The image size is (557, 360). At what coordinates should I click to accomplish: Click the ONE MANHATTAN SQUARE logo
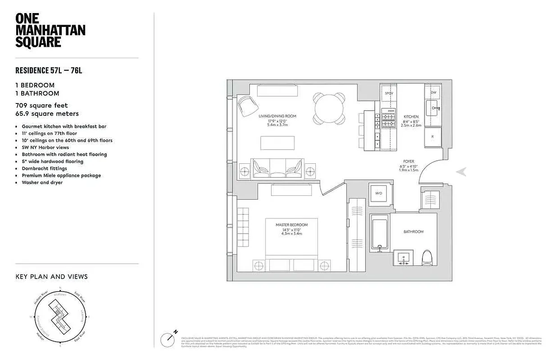50,31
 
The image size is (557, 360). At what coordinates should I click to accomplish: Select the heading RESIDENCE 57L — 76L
50,70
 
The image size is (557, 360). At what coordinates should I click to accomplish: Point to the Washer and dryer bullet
42,183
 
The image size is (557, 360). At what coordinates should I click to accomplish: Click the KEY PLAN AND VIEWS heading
51,277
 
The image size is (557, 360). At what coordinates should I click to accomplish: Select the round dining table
330,108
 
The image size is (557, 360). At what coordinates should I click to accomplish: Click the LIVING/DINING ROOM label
277,116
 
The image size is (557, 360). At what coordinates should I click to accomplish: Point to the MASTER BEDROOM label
292,225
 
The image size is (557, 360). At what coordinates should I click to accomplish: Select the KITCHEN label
411,117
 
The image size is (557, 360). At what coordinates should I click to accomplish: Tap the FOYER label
409,162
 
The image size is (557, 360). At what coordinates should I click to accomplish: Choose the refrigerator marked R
432,136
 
